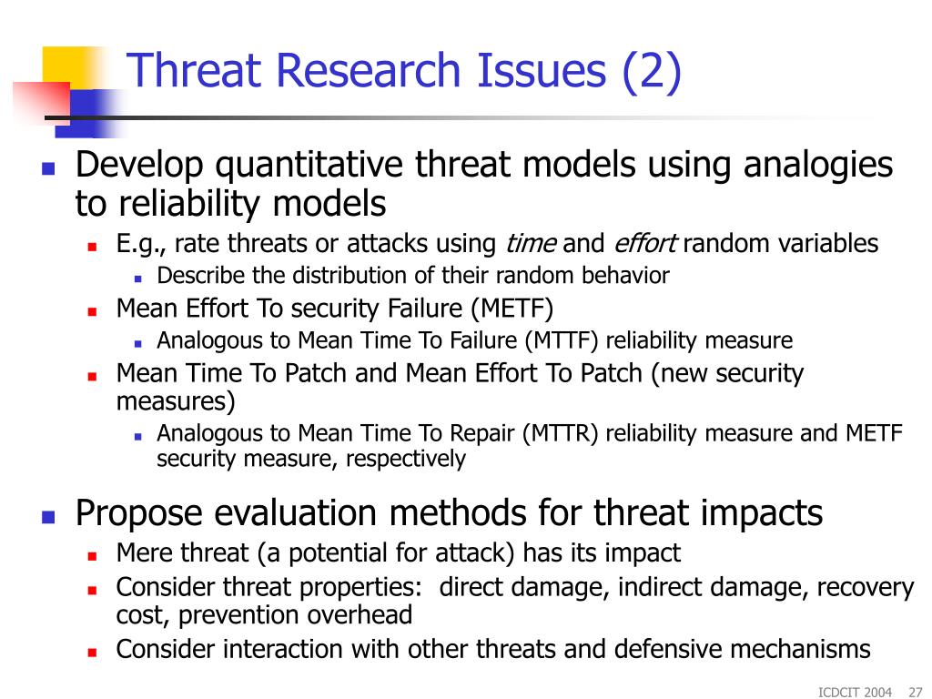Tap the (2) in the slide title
pyautogui.click(x=652, y=72)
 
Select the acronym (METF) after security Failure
pyautogui.click(x=512, y=309)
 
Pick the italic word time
pyautogui.click(x=531, y=244)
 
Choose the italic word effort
pyautogui.click(x=645, y=244)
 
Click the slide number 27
pyautogui.click(x=916, y=692)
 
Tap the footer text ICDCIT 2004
pyautogui.click(x=855, y=692)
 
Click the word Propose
pyautogui.click(x=139, y=513)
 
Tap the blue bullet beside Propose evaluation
pyautogui.click(x=48, y=516)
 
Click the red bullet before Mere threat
pyautogui.click(x=92, y=556)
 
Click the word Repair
pyautogui.click(x=482, y=434)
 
